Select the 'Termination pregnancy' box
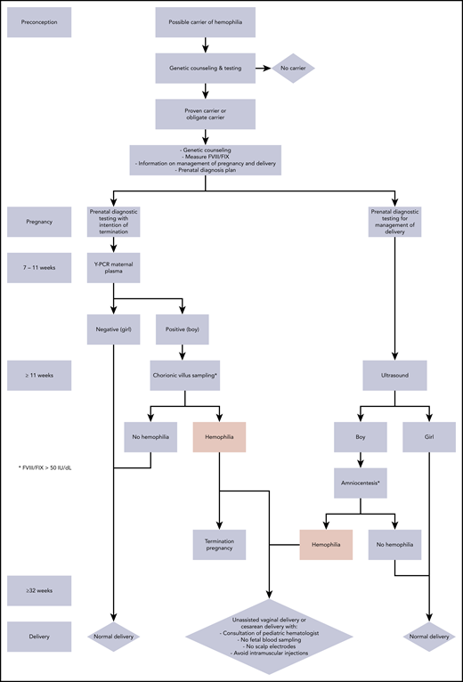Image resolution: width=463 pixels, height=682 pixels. (219, 544)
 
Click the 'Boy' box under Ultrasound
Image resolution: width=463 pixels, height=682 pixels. (360, 438)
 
